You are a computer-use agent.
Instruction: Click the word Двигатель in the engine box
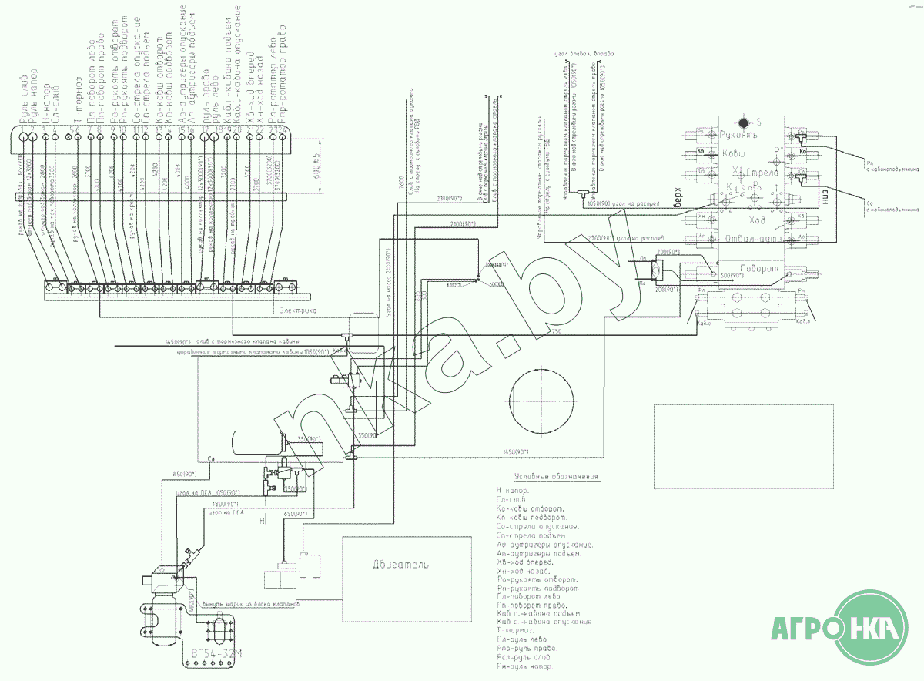(x=400, y=565)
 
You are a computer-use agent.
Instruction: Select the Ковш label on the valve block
(x=734, y=154)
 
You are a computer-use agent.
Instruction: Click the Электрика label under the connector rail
(x=299, y=310)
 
